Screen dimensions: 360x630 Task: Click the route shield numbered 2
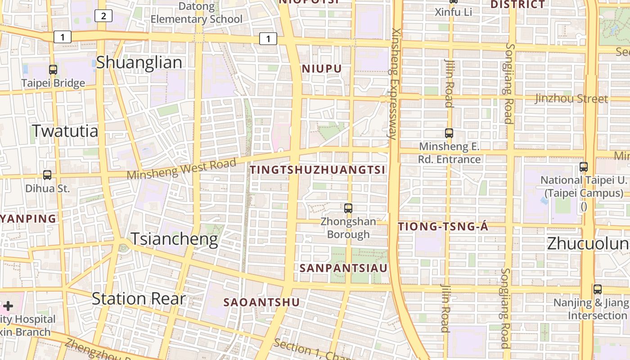103,16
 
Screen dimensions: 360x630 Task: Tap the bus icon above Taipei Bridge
53,70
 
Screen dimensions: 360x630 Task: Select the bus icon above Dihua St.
47,175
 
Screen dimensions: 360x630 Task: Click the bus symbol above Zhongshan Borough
348,208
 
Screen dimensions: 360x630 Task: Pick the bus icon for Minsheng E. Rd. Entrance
449,133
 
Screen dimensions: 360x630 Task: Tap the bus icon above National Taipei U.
584,166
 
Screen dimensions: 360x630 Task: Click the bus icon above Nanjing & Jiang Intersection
598,289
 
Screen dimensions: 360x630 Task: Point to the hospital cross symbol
8,306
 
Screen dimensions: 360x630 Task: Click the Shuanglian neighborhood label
139,63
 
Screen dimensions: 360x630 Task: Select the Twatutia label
65,131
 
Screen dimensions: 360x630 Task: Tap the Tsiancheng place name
174,239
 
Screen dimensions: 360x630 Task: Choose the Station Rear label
139,298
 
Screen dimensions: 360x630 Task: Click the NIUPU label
322,69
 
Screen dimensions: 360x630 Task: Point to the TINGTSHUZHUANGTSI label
318,170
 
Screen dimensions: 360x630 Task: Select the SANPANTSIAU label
343,268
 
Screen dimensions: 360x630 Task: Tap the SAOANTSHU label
261,302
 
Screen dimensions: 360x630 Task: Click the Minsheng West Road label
182,169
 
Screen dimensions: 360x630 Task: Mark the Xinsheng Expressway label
394,84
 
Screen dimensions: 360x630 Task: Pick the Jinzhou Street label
571,99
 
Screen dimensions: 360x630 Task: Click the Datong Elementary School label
196,13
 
